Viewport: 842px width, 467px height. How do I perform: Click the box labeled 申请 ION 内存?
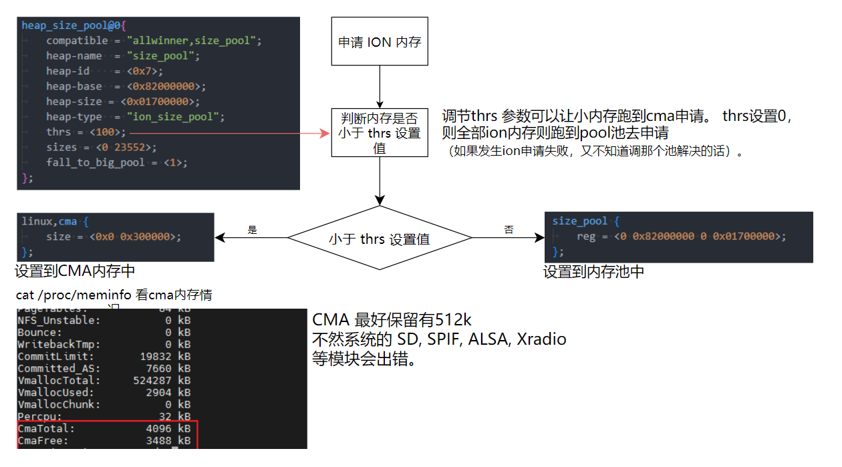click(380, 42)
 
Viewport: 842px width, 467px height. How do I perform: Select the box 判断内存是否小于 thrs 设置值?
click(380, 133)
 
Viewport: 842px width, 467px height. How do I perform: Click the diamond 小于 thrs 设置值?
click(380, 239)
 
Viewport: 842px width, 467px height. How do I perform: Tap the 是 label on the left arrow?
click(252, 230)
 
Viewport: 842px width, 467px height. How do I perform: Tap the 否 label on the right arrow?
click(509, 230)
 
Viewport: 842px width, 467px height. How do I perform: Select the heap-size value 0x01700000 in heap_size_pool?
click(160, 102)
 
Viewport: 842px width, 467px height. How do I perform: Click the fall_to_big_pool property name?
click(95, 162)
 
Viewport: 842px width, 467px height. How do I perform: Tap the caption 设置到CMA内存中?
click(76, 271)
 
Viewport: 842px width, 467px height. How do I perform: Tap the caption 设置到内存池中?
click(593, 272)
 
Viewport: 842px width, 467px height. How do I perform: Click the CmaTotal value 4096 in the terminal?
click(159, 428)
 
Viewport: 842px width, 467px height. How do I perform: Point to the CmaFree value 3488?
click(159, 441)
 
